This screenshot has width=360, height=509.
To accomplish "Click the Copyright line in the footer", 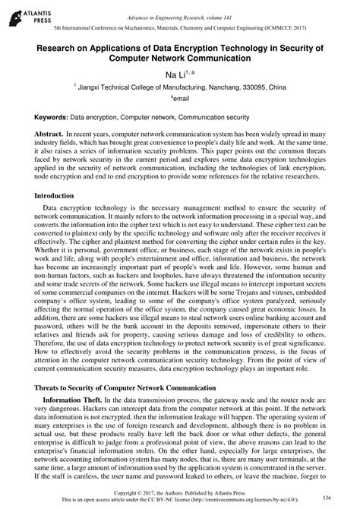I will coord(179,493).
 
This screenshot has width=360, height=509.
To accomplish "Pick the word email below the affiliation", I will coord(181,100).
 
